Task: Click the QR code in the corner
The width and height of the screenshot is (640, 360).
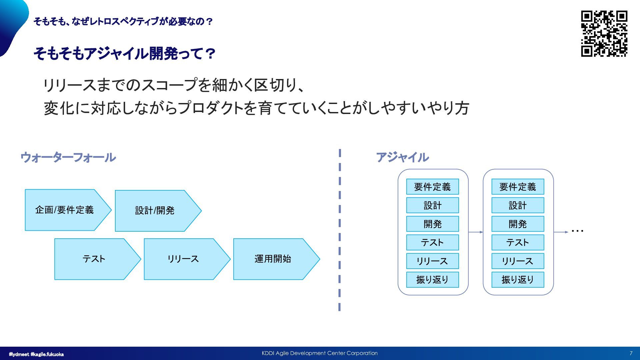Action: pos(604,34)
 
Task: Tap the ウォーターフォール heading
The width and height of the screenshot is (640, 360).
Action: pos(68,157)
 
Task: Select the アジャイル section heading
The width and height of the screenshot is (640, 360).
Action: pos(402,157)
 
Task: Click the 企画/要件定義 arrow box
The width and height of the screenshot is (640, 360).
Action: pos(65,210)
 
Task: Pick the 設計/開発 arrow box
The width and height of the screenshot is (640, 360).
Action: pos(155,211)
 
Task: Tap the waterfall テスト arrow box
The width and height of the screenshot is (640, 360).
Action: pos(94,259)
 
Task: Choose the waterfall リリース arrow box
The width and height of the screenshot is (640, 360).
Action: pos(183,259)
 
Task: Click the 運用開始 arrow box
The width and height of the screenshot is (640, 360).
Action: pos(273,259)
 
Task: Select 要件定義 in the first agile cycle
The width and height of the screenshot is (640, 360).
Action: pos(432,187)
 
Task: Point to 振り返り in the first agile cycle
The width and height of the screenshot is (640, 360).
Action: pos(432,279)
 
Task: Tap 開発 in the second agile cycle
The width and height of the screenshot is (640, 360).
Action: pos(518,224)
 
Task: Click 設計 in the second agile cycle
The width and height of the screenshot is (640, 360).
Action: pos(518,205)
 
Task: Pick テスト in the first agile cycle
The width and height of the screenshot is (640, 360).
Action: pos(432,242)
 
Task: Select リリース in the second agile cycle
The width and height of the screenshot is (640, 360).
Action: pos(518,261)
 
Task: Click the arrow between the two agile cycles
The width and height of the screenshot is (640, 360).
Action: pos(476,232)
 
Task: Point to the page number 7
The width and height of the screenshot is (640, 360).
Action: pos(631,353)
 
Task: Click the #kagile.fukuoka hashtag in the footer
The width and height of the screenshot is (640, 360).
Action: pos(47,354)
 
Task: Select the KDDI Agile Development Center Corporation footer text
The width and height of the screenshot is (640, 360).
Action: pos(320,353)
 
